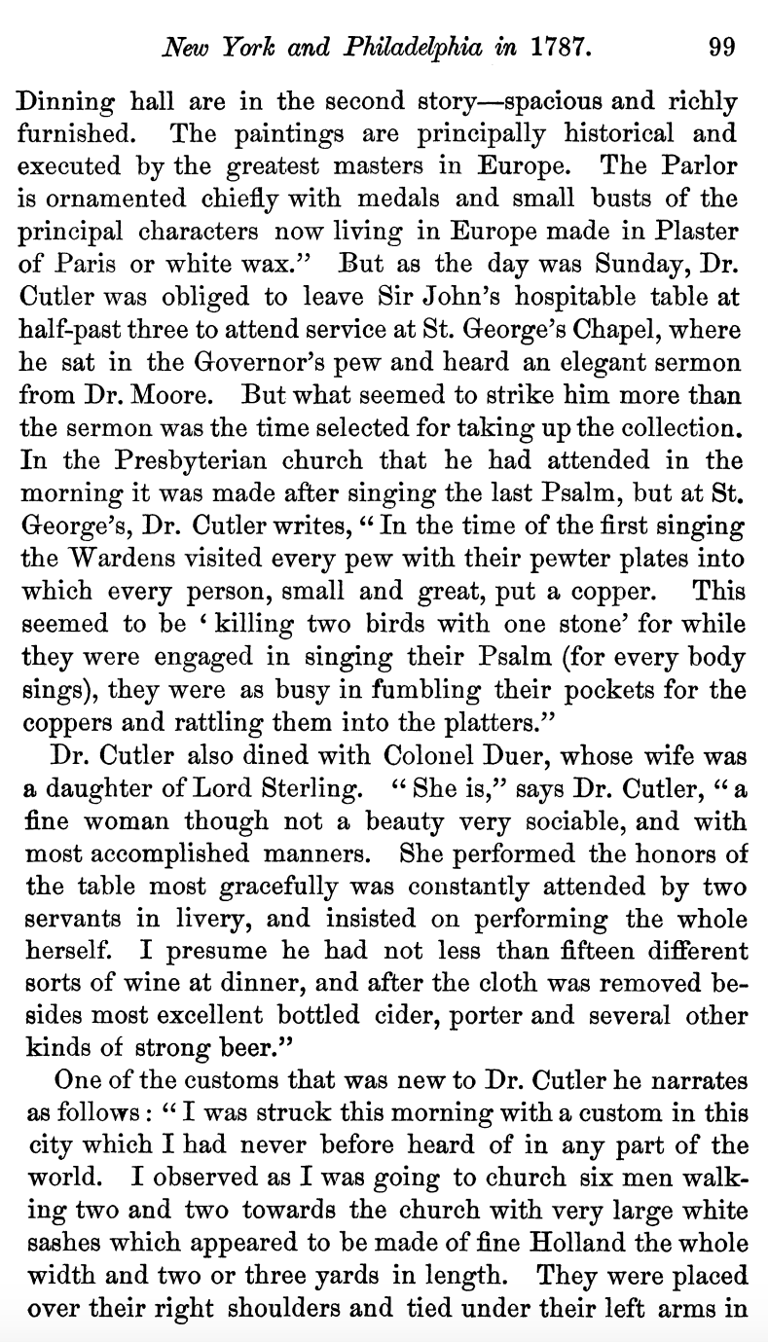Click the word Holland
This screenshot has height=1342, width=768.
coord(574,1243)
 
